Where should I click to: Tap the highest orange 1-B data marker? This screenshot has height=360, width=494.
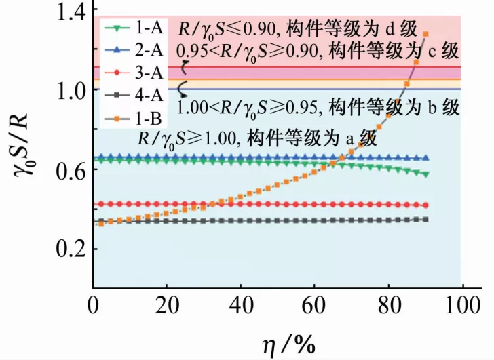[425, 34]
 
